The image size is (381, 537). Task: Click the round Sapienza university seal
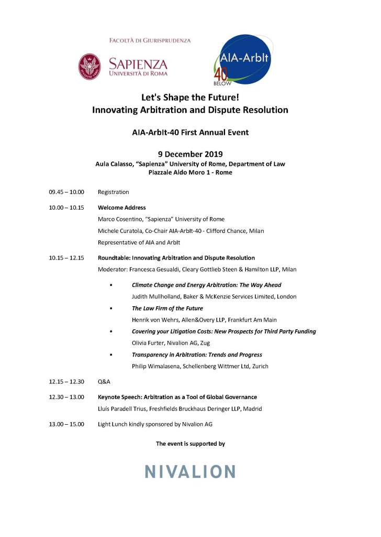click(x=89, y=67)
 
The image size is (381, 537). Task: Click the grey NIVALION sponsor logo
click(x=190, y=471)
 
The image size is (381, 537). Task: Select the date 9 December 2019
click(x=190, y=154)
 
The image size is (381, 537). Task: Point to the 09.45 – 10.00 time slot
click(x=66, y=192)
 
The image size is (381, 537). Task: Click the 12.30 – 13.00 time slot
click(x=66, y=397)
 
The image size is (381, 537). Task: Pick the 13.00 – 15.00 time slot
click(x=66, y=424)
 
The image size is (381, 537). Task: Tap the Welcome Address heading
click(x=121, y=208)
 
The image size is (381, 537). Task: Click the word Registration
click(x=113, y=192)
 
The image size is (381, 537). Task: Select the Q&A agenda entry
click(x=104, y=382)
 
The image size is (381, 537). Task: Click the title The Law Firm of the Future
click(x=167, y=308)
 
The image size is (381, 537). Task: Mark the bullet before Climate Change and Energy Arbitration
click(x=111, y=285)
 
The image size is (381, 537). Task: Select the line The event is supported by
click(x=190, y=444)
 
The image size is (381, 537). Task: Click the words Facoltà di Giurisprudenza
click(x=150, y=40)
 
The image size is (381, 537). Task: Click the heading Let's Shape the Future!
click(x=190, y=97)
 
